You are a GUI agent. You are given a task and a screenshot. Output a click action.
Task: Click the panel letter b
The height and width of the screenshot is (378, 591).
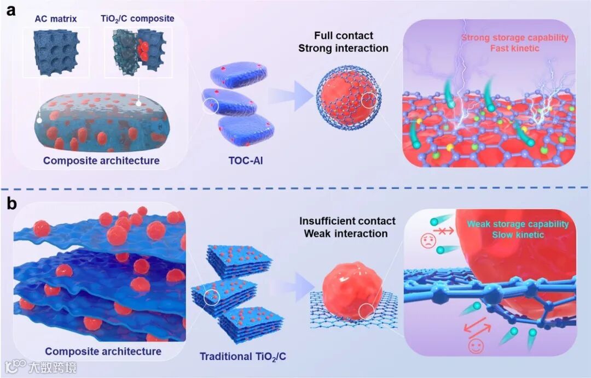pos(10,204)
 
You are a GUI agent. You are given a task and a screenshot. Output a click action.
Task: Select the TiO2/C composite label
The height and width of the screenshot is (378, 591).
pos(138,19)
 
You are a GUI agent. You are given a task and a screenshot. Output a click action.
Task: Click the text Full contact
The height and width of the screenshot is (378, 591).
pos(344,36)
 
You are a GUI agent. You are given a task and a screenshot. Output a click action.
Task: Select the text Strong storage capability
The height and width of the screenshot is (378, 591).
pos(514,38)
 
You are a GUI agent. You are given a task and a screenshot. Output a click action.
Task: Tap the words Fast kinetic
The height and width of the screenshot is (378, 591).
pos(514,48)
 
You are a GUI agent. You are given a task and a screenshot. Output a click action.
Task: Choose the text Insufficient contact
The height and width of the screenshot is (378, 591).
pos(347,221)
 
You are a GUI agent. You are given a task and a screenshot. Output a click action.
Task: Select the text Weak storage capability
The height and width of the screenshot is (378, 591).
pos(518,224)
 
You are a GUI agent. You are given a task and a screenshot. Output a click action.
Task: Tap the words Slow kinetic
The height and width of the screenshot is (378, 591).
pos(518,235)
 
